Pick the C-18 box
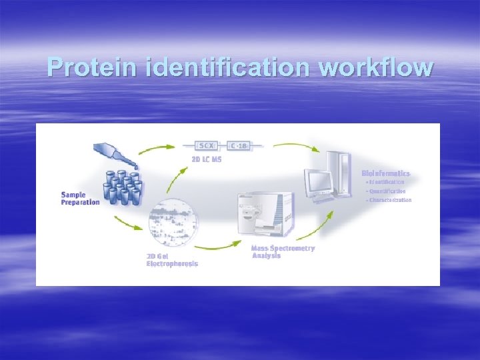point(239,145)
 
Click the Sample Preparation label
point(81,198)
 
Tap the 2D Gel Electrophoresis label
point(172,259)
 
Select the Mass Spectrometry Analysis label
point(283,252)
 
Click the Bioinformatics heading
point(386,173)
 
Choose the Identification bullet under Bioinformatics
point(385,182)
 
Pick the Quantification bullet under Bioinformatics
point(386,191)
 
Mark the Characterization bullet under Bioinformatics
point(389,200)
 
